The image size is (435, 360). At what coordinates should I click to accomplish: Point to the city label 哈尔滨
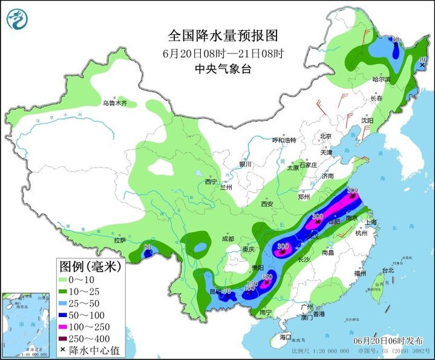[381, 79]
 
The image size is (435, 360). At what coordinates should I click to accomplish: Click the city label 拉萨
[120, 240]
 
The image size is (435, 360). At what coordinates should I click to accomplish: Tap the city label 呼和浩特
[284, 140]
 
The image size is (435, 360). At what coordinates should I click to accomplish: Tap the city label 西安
[267, 204]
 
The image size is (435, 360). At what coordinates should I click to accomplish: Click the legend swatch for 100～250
[64, 326]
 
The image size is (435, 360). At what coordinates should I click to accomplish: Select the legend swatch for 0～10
[64, 281]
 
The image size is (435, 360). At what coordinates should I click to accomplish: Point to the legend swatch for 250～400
[64, 338]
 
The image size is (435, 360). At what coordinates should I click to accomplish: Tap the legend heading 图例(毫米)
[90, 266]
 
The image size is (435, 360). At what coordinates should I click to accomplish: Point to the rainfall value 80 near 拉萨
[147, 246]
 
